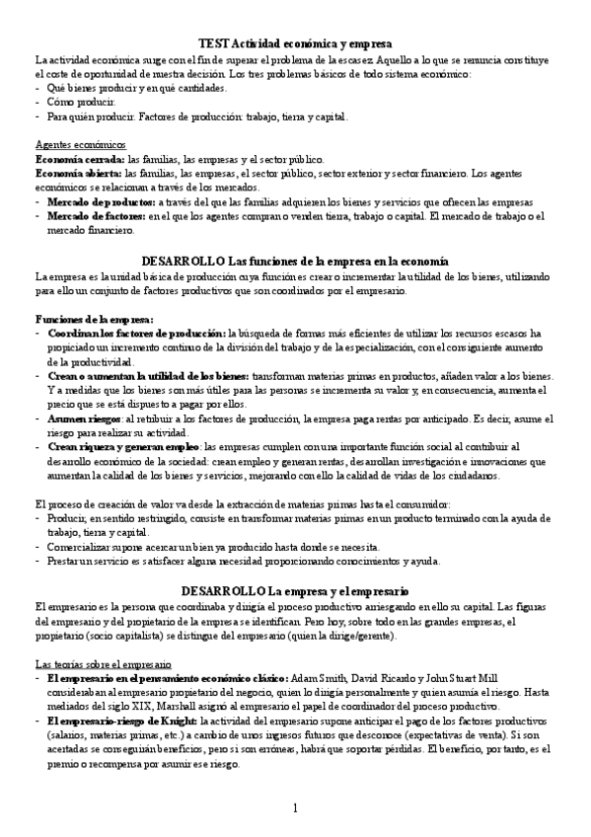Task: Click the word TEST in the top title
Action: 214,44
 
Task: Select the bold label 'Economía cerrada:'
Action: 79,159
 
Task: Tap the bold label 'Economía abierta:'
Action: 79,173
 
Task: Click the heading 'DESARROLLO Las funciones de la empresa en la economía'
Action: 296,260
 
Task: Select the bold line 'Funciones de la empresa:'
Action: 94,318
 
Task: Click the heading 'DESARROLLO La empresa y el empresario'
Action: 296,590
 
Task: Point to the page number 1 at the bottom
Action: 295,809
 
